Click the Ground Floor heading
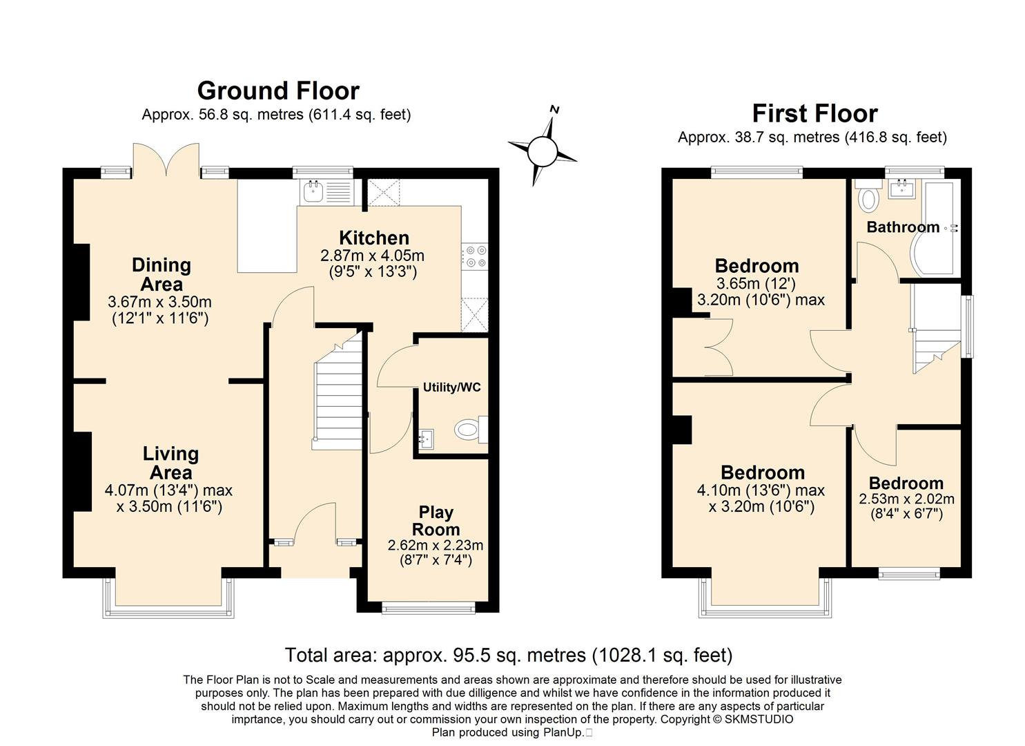click(x=278, y=90)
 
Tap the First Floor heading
click(x=815, y=113)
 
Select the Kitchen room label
click(x=374, y=238)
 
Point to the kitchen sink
click(x=326, y=192)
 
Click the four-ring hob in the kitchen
click(x=474, y=257)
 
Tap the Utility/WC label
click(x=451, y=388)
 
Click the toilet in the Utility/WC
click(x=471, y=429)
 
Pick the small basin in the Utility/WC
click(x=426, y=439)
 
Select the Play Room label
click(x=436, y=521)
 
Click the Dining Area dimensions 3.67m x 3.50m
click(x=159, y=302)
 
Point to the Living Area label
click(x=170, y=463)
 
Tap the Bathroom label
click(x=903, y=227)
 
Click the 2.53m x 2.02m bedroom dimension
click(x=906, y=499)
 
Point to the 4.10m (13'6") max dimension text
click(x=761, y=490)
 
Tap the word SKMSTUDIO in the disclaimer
click(x=759, y=719)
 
